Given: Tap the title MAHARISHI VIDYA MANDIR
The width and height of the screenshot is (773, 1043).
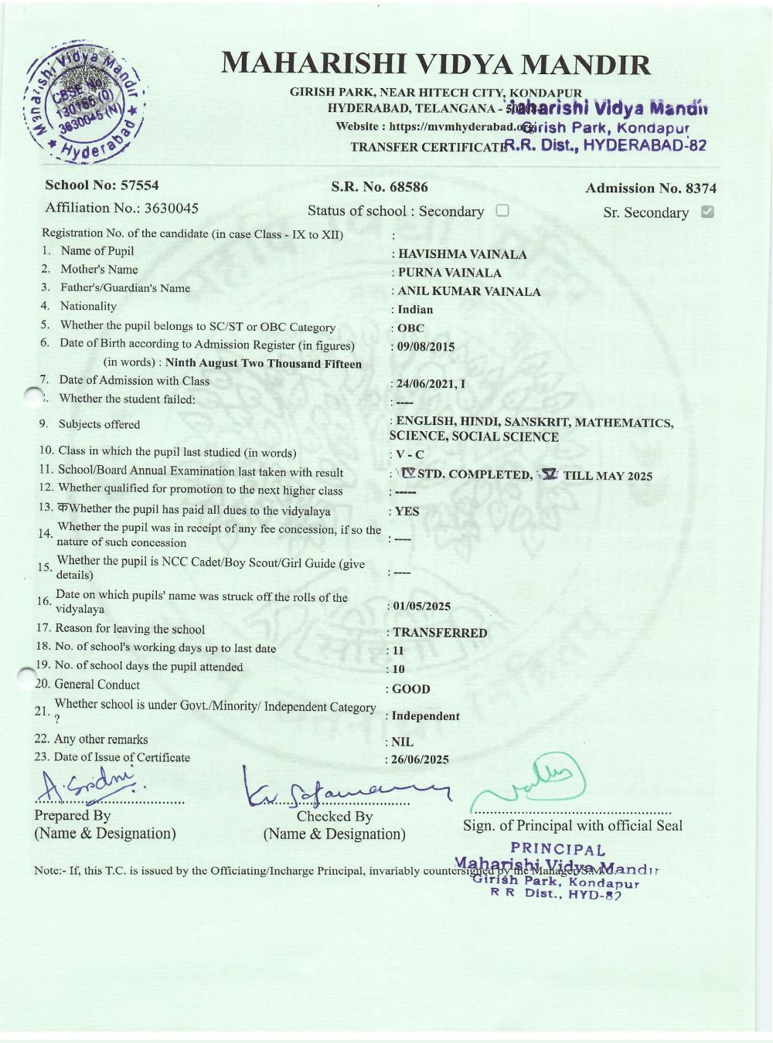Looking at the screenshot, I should pos(436,63).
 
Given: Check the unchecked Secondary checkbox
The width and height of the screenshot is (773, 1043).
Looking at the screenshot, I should pos(502,211).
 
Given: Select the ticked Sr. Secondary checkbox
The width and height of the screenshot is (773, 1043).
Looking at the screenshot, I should pos(707,212).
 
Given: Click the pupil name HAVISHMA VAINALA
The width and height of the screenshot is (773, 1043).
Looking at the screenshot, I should pos(462,254).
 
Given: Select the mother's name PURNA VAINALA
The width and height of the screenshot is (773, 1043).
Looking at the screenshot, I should pos(449,273).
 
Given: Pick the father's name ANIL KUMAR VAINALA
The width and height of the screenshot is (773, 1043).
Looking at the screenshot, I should pos(468,291).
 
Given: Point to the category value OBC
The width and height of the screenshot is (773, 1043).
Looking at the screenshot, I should pos(410,328).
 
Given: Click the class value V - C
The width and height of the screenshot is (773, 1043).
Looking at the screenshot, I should pos(410,455).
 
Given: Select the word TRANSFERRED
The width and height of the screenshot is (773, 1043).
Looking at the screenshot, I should pos(440,633).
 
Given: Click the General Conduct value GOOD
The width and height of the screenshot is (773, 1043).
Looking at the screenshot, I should pos(410,689).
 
